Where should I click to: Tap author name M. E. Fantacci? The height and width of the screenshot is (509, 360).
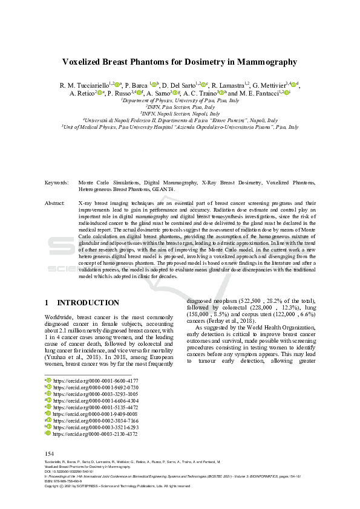coord(261,94)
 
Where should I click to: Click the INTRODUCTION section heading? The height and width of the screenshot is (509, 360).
coord(88,302)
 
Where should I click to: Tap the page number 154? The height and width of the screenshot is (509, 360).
coord(50,453)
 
